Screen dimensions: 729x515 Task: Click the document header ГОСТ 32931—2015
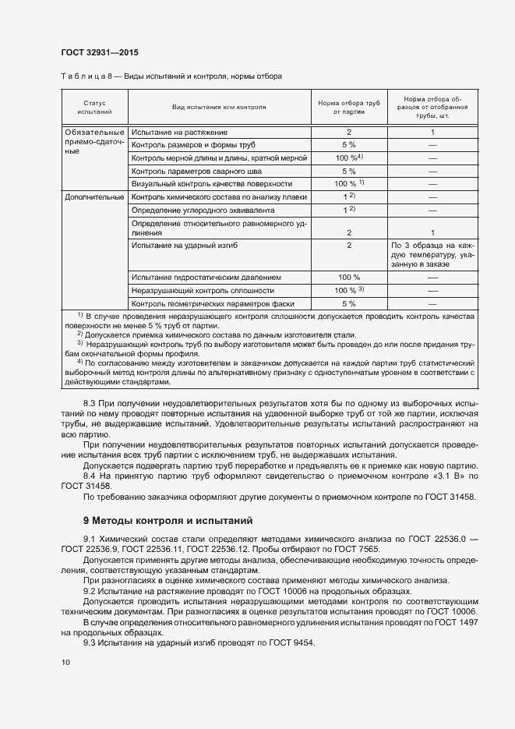(101, 51)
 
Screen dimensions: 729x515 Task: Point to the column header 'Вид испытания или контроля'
(219, 107)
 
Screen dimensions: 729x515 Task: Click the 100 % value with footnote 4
(349, 157)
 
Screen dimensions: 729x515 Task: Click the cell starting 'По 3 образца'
(432, 254)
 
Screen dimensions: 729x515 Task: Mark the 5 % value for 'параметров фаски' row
(349, 303)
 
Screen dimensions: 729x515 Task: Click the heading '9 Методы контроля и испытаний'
(168, 520)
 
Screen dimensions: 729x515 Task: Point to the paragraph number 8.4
(90, 475)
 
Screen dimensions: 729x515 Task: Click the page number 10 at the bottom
(66, 662)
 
